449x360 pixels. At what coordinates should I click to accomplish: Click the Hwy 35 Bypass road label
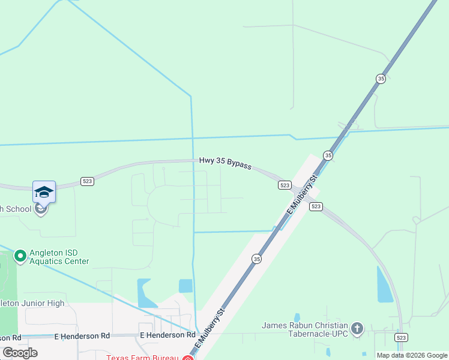click(225, 163)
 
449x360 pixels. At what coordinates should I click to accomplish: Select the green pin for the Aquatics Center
click(20, 256)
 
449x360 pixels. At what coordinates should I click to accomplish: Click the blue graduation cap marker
click(44, 192)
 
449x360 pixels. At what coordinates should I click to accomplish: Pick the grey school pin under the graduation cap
click(40, 209)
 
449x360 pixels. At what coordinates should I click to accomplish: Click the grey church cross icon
click(357, 328)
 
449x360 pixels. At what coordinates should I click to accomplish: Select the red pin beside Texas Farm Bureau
click(187, 358)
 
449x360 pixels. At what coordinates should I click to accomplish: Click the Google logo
click(20, 353)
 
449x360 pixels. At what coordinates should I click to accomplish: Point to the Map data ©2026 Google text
click(411, 355)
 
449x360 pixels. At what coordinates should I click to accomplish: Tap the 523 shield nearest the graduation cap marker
click(88, 181)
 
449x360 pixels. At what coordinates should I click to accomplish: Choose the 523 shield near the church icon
click(402, 338)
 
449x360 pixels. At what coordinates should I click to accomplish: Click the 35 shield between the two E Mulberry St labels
click(257, 259)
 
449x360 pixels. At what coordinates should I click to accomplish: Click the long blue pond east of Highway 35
click(384, 284)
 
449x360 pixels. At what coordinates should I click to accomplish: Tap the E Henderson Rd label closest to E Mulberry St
click(167, 335)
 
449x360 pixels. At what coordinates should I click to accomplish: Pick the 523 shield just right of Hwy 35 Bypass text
click(285, 185)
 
